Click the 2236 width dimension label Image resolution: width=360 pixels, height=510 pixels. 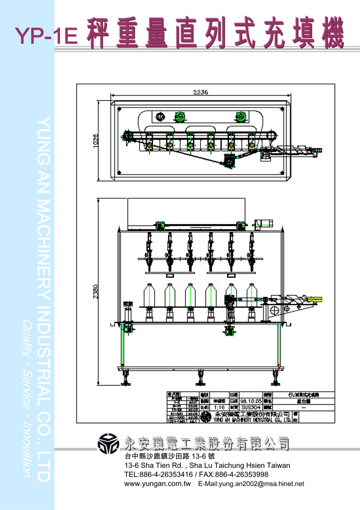pos(200,92)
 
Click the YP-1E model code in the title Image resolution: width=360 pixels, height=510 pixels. pos(46,36)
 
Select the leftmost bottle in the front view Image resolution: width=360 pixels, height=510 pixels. pos(148,295)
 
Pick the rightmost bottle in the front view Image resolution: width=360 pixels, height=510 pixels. pos(251,295)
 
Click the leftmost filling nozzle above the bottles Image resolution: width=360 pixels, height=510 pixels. pos(148,245)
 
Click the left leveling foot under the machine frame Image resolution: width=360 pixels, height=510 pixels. pos(124,378)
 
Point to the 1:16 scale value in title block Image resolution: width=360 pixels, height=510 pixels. pos(218,407)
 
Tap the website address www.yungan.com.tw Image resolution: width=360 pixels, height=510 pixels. pos(157,483)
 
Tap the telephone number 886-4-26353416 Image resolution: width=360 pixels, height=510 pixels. pos(168,474)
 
